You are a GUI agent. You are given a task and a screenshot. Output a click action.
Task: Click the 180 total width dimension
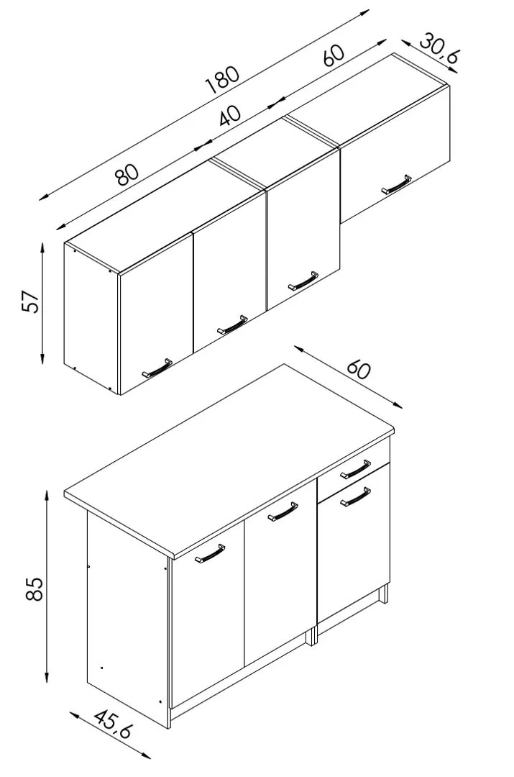(x=224, y=80)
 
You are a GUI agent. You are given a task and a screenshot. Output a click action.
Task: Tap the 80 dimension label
(x=127, y=174)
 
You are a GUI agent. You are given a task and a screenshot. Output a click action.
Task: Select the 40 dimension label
(x=230, y=115)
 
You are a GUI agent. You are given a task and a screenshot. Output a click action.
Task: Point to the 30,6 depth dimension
(x=439, y=49)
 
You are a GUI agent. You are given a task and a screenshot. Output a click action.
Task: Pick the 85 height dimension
(x=35, y=589)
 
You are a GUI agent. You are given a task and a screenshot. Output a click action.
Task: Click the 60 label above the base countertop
(x=358, y=368)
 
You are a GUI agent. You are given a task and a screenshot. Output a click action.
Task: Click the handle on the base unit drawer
(x=356, y=469)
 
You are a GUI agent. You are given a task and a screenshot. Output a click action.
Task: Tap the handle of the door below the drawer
(x=356, y=497)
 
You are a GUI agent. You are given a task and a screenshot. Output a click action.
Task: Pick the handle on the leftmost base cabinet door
(x=209, y=553)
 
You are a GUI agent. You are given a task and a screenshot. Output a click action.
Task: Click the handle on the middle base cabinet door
(x=283, y=512)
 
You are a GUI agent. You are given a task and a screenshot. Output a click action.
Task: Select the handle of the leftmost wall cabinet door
(x=157, y=368)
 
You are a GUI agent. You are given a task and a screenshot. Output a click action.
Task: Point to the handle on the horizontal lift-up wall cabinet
(x=397, y=185)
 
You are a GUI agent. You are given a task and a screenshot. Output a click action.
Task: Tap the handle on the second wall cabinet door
(x=232, y=324)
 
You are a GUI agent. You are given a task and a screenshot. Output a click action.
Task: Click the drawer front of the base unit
(x=354, y=471)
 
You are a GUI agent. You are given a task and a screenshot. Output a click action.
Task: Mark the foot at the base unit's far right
(x=383, y=594)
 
